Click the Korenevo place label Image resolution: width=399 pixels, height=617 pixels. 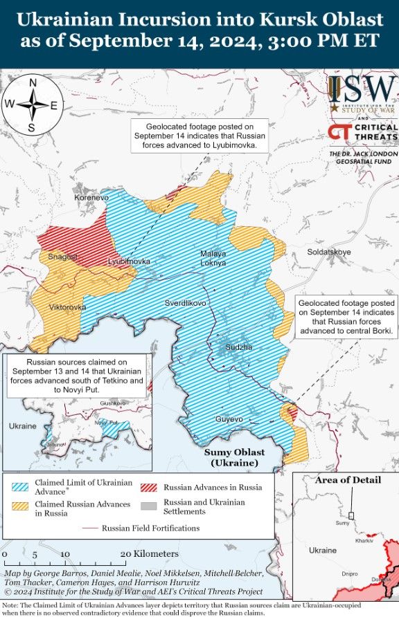pos(91,198)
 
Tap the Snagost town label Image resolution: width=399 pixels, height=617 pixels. pos(62,257)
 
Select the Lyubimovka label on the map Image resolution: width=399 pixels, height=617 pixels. pos(129,261)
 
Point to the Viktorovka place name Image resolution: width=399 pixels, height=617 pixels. pos(68,306)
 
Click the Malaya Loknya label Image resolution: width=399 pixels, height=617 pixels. pos(213,258)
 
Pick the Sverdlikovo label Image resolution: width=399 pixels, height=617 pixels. pos(186,303)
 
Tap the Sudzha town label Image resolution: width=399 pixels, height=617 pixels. pos(239,346)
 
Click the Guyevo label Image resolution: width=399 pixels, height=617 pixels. pos(229,419)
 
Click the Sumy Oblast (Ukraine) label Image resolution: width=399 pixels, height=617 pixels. pos(234,457)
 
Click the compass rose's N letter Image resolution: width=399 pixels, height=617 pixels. pos(33,83)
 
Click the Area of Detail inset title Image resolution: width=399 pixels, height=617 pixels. pos(348,480)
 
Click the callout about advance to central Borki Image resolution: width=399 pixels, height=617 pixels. pos(346,317)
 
